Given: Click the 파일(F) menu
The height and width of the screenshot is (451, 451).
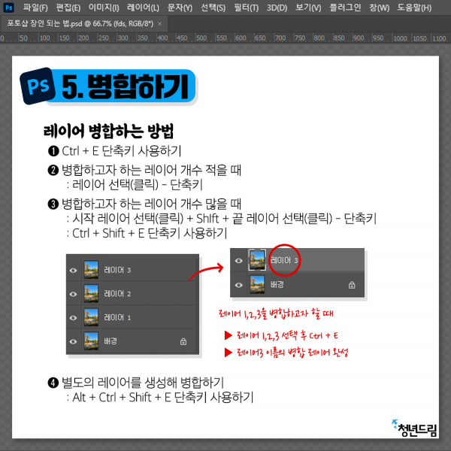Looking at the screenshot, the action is (35, 8).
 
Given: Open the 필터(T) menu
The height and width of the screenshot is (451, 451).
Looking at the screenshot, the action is (247, 8).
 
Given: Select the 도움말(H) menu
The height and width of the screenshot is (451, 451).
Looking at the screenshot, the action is (414, 8).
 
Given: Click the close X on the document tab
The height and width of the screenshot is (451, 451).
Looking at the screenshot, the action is (159, 24).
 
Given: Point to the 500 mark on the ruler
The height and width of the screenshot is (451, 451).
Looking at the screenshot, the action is (201, 38).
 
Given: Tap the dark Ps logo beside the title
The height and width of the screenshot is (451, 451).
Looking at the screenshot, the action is (38, 86).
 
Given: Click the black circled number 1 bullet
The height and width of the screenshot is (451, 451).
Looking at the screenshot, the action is (53, 151).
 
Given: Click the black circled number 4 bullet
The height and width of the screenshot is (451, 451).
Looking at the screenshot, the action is (53, 383).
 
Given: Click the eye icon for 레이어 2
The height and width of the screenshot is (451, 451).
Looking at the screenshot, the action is (74, 294).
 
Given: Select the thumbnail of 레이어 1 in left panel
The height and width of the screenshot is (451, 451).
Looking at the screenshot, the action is (91, 317).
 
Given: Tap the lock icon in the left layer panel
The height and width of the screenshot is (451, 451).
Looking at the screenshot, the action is (183, 341).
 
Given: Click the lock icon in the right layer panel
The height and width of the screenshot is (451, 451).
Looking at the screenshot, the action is (352, 285).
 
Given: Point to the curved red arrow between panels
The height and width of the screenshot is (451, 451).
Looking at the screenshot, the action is (204, 271).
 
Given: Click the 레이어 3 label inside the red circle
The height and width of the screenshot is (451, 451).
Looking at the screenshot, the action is (284, 260).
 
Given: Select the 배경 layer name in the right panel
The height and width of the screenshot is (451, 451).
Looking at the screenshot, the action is (277, 284).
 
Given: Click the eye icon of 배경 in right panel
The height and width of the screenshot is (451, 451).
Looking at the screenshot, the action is (238, 285).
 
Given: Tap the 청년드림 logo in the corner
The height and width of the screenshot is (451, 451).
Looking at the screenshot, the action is (414, 428).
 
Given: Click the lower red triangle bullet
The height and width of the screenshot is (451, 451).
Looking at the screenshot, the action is (228, 352).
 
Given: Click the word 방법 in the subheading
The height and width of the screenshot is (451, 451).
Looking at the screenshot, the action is (161, 131).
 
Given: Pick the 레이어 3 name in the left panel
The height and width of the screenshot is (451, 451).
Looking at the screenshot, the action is (117, 270).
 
